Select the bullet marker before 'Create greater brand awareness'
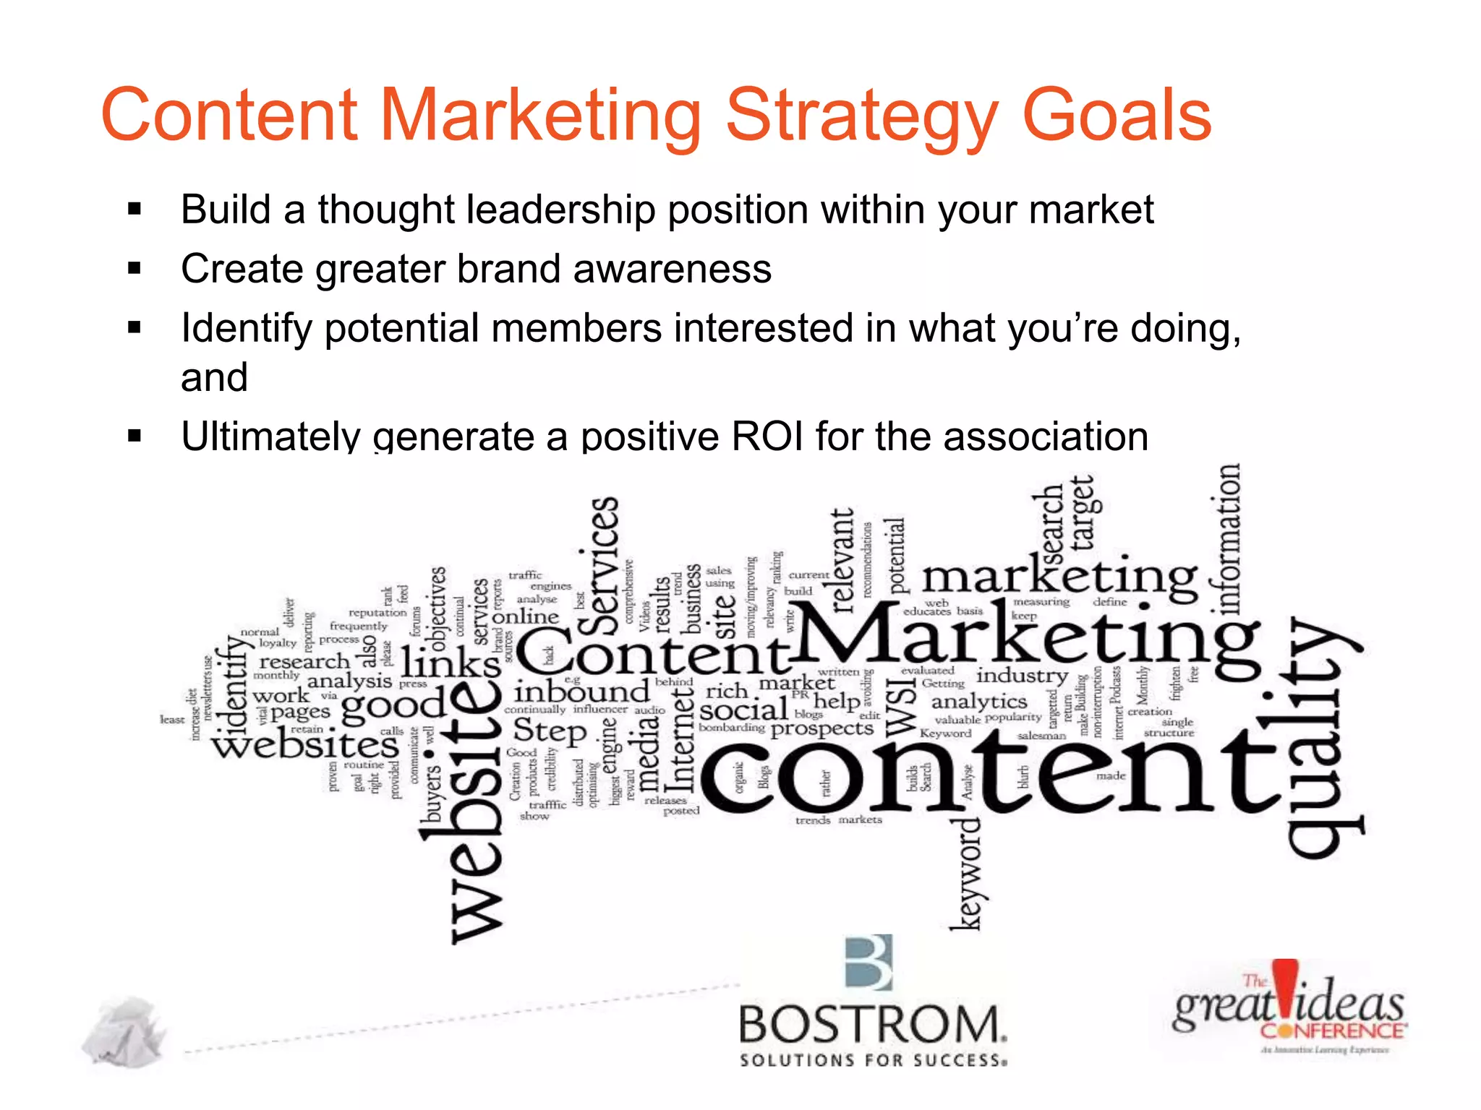pyautogui.click(x=135, y=269)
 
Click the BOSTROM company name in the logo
pyautogui.click(x=872, y=1025)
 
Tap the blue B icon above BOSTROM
pyautogui.click(x=869, y=963)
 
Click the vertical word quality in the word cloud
pyautogui.click(x=1320, y=737)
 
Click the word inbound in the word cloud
pyautogui.click(x=581, y=692)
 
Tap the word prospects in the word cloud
pyautogui.click(x=822, y=728)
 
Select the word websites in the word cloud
pyautogui.click(x=305, y=744)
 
